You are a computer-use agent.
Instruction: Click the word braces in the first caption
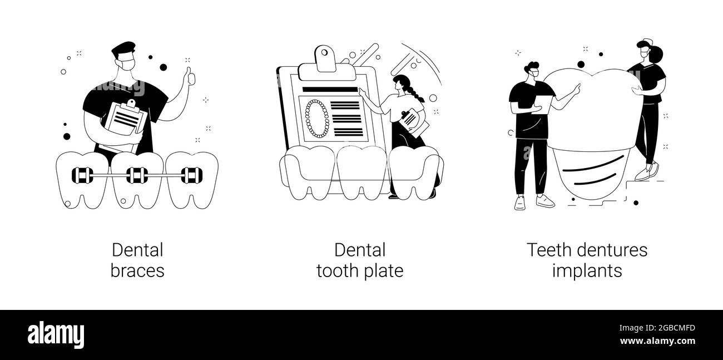tap(137, 271)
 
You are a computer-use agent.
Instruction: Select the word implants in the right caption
tap(587, 271)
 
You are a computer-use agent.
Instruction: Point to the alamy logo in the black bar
tap(56, 335)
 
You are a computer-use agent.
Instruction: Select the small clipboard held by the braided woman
tap(414, 122)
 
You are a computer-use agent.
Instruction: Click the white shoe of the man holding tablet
tap(545, 201)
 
